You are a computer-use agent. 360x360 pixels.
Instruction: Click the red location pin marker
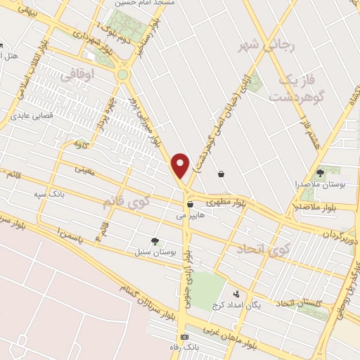[x=181, y=165]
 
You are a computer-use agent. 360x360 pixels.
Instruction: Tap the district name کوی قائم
[x=127, y=202]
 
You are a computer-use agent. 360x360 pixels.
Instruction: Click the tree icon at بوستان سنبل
[x=155, y=240]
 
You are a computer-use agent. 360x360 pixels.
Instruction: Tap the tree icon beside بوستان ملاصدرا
[x=321, y=172]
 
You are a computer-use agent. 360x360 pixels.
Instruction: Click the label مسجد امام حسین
[x=165, y=4]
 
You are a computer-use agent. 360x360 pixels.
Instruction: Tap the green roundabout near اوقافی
[x=124, y=74]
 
